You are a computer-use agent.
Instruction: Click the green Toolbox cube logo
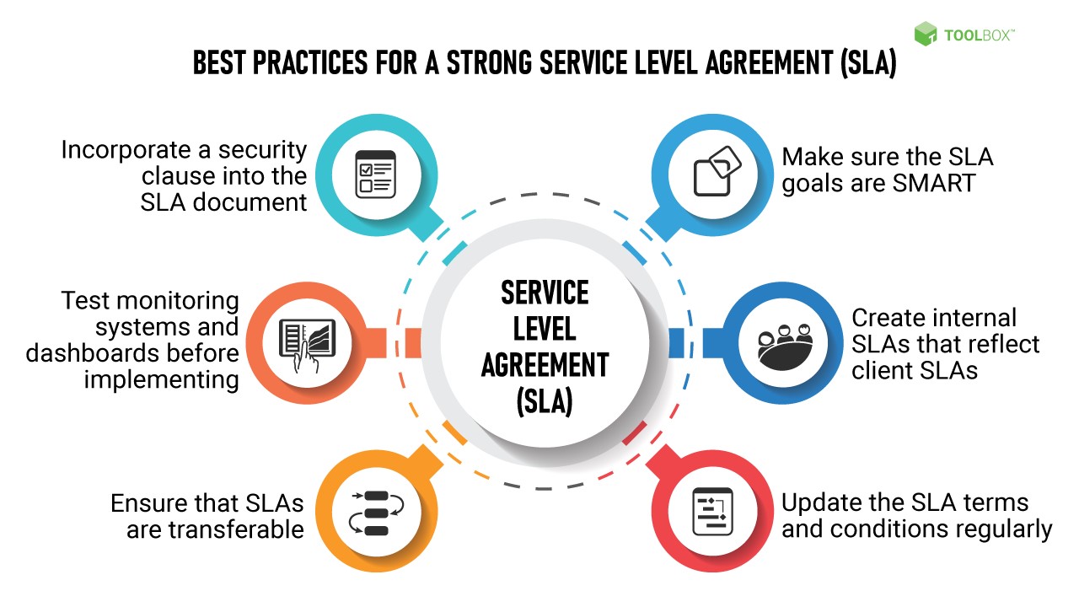pyautogui.click(x=926, y=34)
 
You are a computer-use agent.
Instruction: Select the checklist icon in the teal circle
pyautogui.click(x=375, y=174)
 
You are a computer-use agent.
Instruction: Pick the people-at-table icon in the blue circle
pyautogui.click(x=785, y=345)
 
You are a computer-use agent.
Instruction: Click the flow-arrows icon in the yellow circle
pyautogui.click(x=376, y=513)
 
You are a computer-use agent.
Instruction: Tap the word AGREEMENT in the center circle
pyautogui.click(x=544, y=365)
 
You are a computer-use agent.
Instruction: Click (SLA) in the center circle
pyautogui.click(x=544, y=401)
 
